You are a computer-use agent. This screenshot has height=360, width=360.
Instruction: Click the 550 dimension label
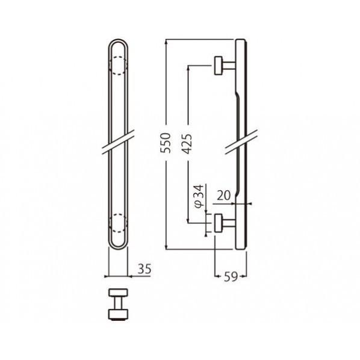166,143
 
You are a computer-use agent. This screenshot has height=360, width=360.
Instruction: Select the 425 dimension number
186,143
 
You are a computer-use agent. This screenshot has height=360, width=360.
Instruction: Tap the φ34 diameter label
199,196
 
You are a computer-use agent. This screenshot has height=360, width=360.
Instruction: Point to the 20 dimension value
223,196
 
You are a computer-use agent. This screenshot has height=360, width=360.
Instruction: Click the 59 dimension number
231,277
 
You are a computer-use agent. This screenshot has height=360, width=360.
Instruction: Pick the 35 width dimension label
144,269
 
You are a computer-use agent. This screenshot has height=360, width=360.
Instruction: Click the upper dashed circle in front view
118,66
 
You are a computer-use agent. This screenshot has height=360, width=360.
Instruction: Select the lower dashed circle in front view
118,223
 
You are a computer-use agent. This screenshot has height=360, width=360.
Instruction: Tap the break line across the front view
118,142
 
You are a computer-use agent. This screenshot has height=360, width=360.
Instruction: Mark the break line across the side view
241,142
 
